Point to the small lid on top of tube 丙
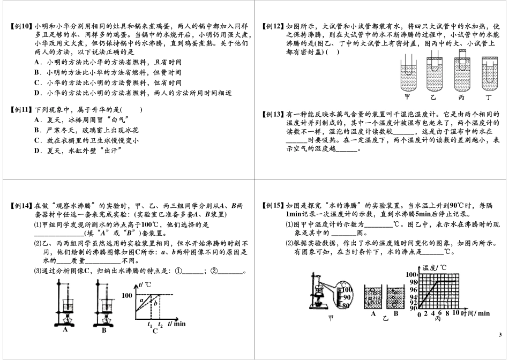462,52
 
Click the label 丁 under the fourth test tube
487,97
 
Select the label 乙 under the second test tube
434,97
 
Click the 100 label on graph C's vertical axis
126,295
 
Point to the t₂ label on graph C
160,324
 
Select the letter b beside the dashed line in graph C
156,303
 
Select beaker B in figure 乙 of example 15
396,297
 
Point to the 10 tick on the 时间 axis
456,314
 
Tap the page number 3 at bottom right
499,335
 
